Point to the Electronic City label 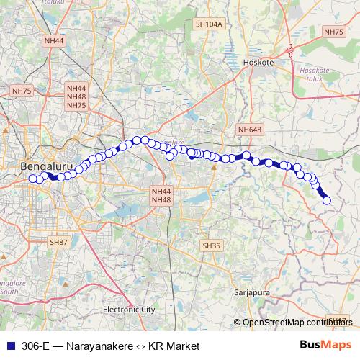(129, 309)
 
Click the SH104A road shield (210, 24)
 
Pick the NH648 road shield (250, 130)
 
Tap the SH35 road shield (210, 246)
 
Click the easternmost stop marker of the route (326, 200)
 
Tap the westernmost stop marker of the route (32, 179)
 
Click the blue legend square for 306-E (9, 346)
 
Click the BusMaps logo (325, 346)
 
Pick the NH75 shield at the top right (334, 32)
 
